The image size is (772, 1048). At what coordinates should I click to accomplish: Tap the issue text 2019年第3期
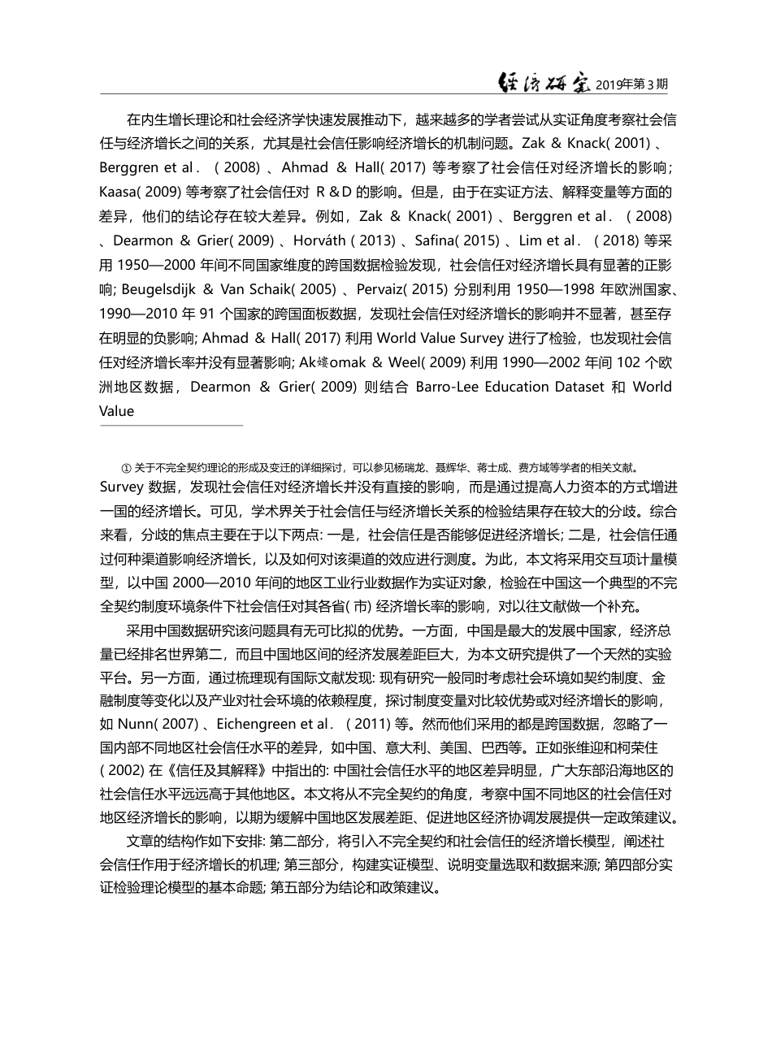tap(633, 84)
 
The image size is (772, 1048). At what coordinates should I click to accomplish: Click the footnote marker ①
tap(126, 468)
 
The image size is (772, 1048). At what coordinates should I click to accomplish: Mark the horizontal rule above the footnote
tap(171, 425)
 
